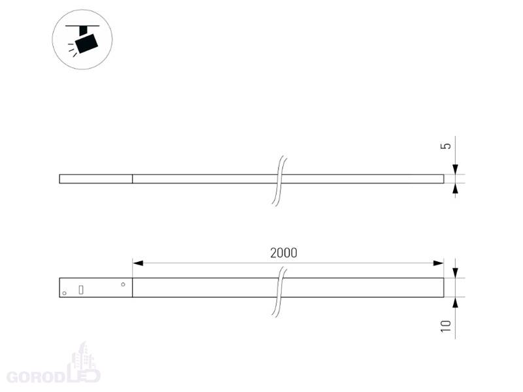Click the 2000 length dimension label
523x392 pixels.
coord(284,253)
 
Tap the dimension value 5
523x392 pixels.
coord(446,146)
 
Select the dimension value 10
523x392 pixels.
coord(446,326)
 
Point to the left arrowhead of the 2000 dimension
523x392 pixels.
coord(138,263)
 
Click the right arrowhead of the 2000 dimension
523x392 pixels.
coord(438,263)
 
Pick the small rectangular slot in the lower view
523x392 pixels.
coord(80,289)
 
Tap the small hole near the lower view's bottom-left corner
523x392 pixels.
coord(64,293)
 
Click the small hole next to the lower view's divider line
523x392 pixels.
coord(123,284)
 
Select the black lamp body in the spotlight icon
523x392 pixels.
coord(86,43)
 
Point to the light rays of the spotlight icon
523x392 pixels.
coord(73,49)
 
